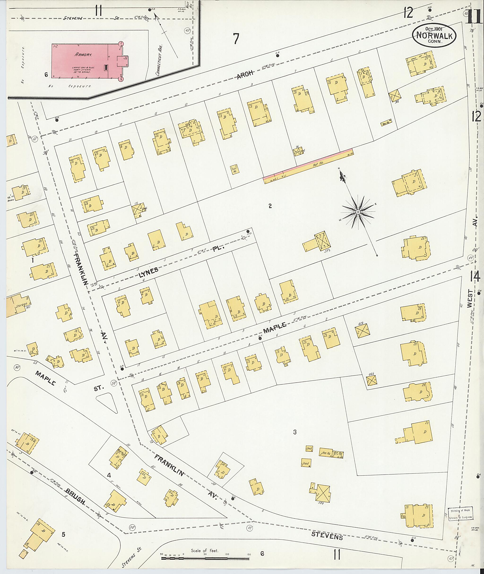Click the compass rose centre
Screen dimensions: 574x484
click(358, 212)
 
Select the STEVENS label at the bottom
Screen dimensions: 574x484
click(327, 535)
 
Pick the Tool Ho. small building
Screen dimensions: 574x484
click(235, 169)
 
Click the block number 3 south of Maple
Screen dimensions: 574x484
click(295, 432)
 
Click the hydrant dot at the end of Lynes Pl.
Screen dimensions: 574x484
click(248, 231)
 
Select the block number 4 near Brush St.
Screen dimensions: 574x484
click(109, 475)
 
